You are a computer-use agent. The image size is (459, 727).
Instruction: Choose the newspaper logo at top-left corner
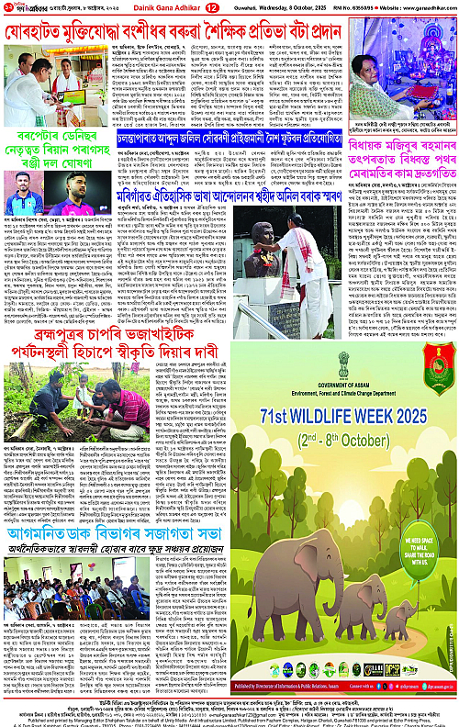(x=27, y=7)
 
